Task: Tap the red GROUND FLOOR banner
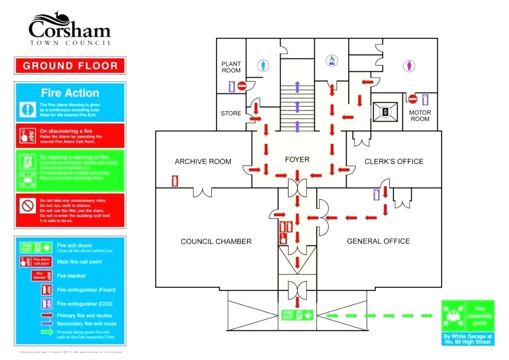pyautogui.click(x=71, y=66)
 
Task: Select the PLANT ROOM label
pyautogui.click(x=231, y=67)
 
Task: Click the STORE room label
pyautogui.click(x=231, y=113)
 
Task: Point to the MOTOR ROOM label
pyautogui.click(x=420, y=116)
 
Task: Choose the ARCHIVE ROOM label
pyautogui.click(x=203, y=161)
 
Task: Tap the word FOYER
pyautogui.click(x=297, y=159)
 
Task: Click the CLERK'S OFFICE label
pyautogui.click(x=394, y=161)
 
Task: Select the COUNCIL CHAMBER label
pyautogui.click(x=216, y=241)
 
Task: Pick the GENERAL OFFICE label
pyautogui.click(x=378, y=241)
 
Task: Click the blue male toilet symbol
pyautogui.click(x=264, y=65)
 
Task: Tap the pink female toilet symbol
pyautogui.click(x=409, y=66)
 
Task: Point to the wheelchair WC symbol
pyautogui.click(x=332, y=60)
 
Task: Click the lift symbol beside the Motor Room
pyautogui.click(x=385, y=112)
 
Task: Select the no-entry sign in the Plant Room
pyautogui.click(x=242, y=85)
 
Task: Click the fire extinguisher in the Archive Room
pyautogui.click(x=175, y=181)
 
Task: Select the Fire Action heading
pyautogui.click(x=70, y=93)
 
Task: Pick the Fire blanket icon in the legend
pyautogui.click(x=41, y=276)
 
